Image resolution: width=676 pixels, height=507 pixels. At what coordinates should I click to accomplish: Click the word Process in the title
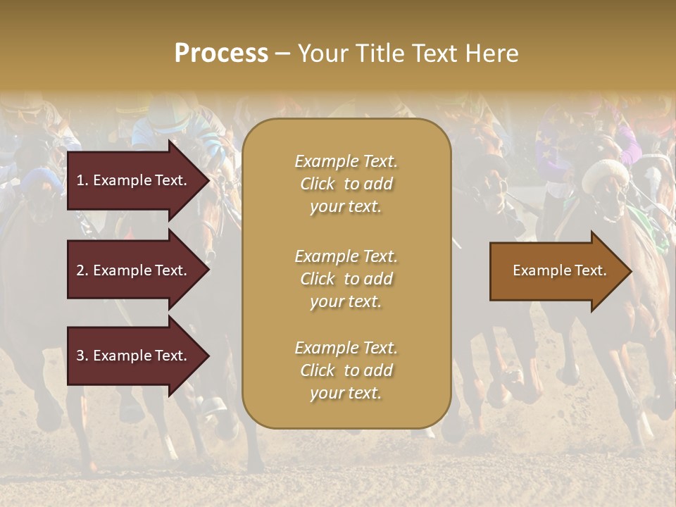click(221, 54)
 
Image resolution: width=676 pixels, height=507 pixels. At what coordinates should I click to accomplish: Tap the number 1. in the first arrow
click(82, 180)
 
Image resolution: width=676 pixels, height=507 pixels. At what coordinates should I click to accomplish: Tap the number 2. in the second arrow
click(82, 270)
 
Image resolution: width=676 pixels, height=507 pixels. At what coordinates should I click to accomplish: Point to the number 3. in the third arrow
click(82, 356)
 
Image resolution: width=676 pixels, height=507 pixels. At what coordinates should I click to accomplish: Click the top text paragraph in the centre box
click(346, 184)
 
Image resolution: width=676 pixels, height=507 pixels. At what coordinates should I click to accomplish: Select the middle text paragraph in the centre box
click(346, 279)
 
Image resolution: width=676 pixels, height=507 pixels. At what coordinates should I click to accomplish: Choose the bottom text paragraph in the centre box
click(346, 370)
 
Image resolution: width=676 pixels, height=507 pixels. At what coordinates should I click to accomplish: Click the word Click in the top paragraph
click(318, 184)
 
